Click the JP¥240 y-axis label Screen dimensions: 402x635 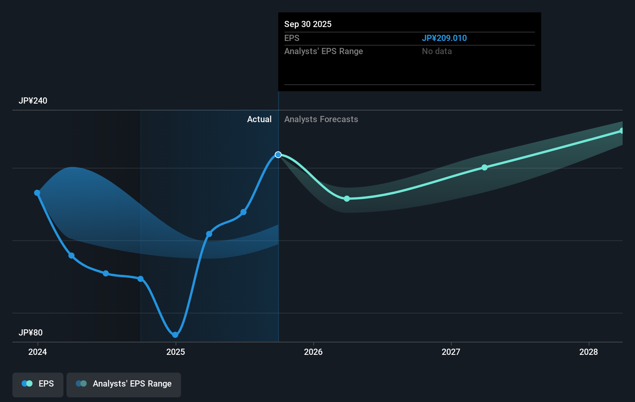(x=33, y=101)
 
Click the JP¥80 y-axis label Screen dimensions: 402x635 (x=31, y=333)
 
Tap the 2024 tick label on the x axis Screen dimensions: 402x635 (x=38, y=352)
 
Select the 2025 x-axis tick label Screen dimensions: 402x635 (x=176, y=352)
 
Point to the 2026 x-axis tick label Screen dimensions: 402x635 (x=313, y=352)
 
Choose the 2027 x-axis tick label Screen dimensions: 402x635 (x=451, y=352)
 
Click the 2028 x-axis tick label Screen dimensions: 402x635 (x=589, y=352)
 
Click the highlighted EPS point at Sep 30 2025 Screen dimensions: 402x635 (x=278, y=155)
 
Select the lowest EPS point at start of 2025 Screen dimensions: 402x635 (x=175, y=335)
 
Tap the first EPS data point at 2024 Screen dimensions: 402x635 (x=37, y=193)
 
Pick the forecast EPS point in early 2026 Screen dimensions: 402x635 (x=347, y=199)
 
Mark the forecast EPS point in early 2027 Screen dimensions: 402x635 (x=485, y=167)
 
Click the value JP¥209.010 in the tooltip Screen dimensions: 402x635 (x=444, y=38)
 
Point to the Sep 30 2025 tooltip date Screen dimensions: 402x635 (x=308, y=24)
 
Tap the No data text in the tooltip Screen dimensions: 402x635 (x=437, y=51)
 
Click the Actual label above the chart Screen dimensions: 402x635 (x=259, y=119)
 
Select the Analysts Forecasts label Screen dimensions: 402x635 (x=321, y=119)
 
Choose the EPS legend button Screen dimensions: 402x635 (x=38, y=384)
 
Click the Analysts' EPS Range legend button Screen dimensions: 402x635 (x=124, y=384)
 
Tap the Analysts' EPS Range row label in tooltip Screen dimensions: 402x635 (x=324, y=51)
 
